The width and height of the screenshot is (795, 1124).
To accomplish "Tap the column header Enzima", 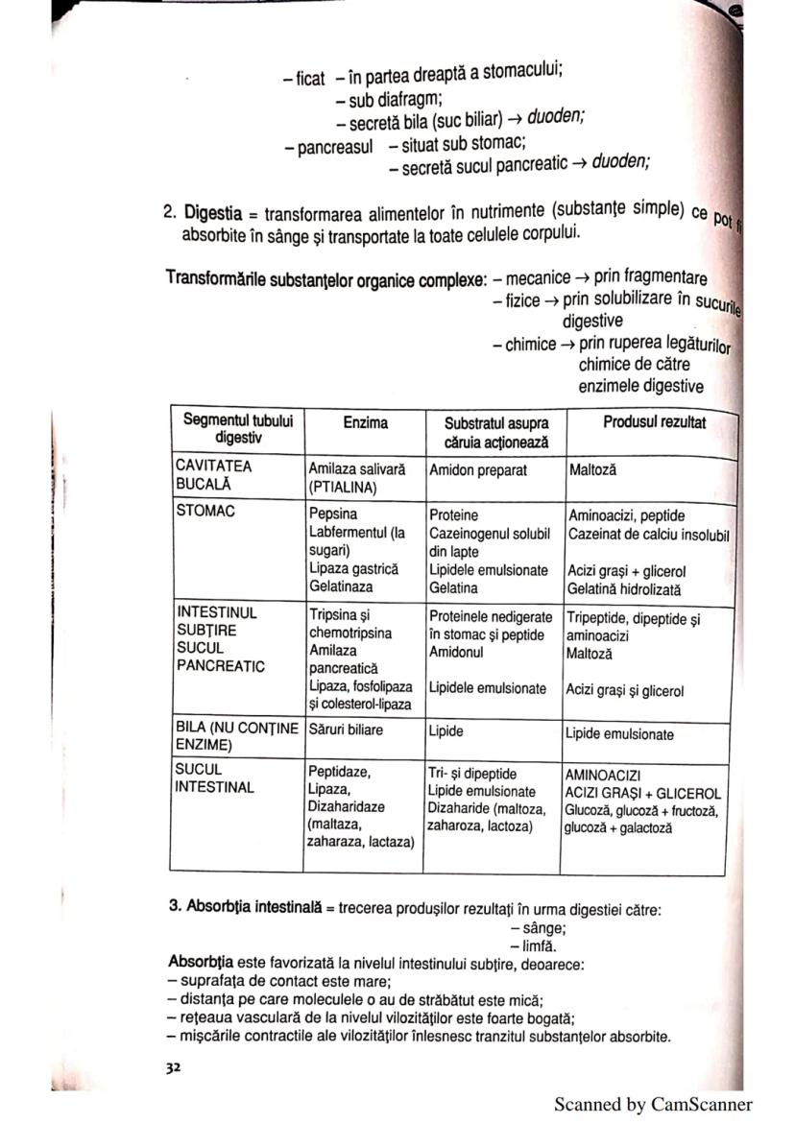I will (365, 422).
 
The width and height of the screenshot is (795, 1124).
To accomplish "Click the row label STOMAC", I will (205, 512).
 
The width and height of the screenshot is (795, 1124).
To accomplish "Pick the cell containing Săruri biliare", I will (345, 730).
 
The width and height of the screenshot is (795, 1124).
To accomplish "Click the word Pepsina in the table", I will (332, 515).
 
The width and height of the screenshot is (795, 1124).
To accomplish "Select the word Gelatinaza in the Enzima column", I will (341, 586).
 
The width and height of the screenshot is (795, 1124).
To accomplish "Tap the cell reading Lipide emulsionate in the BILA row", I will (619, 735).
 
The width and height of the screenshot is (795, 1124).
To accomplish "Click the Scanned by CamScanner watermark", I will (653, 1105).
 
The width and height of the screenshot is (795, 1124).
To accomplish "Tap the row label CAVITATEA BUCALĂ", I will (213, 475).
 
